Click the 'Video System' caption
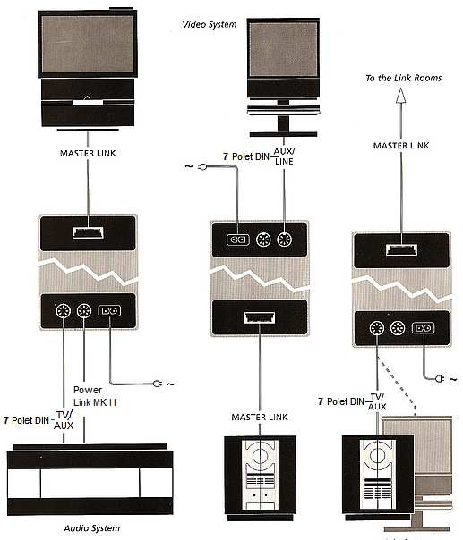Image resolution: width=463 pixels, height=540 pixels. (210, 24)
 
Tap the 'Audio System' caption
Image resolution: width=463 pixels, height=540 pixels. (91, 528)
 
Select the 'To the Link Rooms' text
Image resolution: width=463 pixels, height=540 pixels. (403, 78)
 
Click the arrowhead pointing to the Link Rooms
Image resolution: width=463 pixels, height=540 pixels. (400, 96)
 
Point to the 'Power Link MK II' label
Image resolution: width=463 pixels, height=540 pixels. (95, 396)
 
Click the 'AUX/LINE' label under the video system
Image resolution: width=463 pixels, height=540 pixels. (284, 156)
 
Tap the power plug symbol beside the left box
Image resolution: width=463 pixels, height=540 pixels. (158, 384)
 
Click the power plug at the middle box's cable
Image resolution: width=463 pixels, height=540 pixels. (202, 167)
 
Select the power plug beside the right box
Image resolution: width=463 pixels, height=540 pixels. (439, 379)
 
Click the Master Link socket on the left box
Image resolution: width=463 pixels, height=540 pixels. (88, 232)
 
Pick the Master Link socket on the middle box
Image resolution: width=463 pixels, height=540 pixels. (260, 317)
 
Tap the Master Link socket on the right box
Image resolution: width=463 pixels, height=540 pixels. (401, 249)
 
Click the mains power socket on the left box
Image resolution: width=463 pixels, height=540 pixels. (109, 311)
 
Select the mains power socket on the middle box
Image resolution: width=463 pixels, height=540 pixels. (237, 240)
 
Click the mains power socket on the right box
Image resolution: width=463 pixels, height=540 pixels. (424, 328)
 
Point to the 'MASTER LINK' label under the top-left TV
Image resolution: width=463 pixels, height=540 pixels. (88, 153)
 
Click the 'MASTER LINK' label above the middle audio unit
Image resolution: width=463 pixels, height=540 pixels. (260, 417)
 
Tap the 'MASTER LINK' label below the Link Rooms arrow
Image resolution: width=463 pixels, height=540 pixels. (401, 146)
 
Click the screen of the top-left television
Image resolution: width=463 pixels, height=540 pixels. (87, 44)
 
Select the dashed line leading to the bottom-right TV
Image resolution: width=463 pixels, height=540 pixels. (397, 385)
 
